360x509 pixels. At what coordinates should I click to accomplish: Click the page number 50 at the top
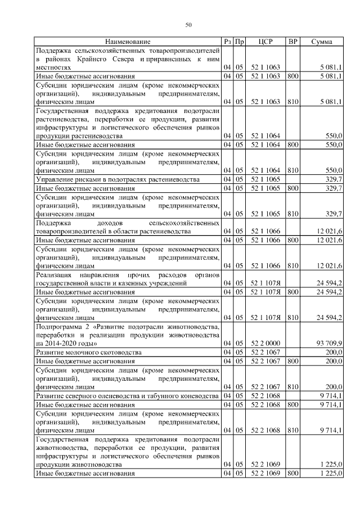pyautogui.click(x=188, y=25)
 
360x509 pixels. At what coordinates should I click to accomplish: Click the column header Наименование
pyautogui.click(x=128, y=42)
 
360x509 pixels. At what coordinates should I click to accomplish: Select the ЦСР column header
pyautogui.click(x=265, y=42)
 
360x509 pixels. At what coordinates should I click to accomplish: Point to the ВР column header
pyautogui.click(x=292, y=42)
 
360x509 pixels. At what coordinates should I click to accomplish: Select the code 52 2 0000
pyautogui.click(x=265, y=343)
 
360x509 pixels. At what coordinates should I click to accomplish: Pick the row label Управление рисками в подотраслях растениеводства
pyautogui.click(x=117, y=179)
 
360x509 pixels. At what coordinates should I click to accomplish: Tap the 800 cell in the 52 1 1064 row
pyautogui.click(x=292, y=145)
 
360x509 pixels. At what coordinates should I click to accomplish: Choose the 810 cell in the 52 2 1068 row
pyautogui.click(x=292, y=430)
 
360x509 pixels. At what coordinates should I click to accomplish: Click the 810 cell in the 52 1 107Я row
pyautogui.click(x=292, y=317)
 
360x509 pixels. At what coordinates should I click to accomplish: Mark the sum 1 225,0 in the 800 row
pyautogui.click(x=330, y=474)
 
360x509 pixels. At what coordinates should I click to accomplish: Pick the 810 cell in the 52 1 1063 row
pyautogui.click(x=292, y=102)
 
